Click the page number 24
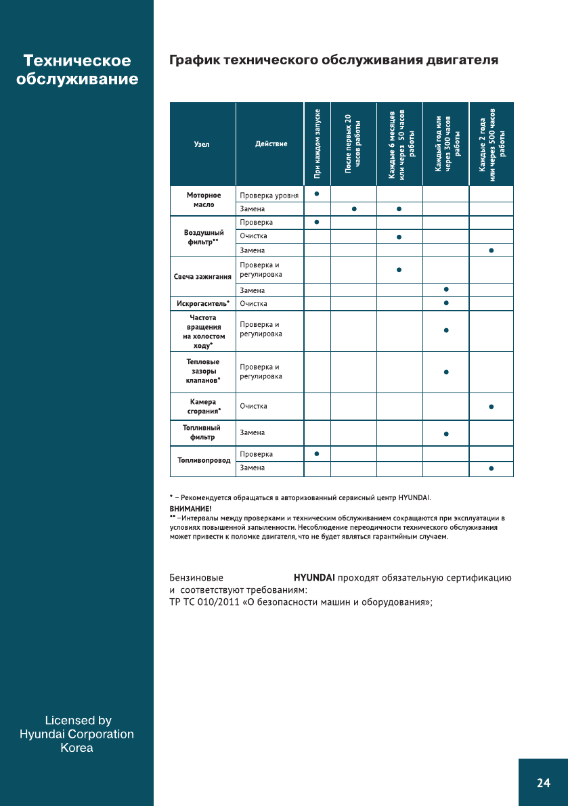coord(543,783)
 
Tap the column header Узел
coord(202,144)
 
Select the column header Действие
coord(271,144)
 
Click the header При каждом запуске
coord(317,143)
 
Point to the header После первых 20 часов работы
coord(353,143)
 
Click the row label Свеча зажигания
coord(202,277)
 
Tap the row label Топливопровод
coord(202,460)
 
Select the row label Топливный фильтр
coord(202,432)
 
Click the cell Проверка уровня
coord(269,196)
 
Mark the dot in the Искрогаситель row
coord(446,303)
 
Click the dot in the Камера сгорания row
coord(491,407)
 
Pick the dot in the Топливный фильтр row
coord(446,433)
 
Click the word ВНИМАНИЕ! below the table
coord(190,508)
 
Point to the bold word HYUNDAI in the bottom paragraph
coord(314,579)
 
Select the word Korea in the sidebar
coord(77,748)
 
